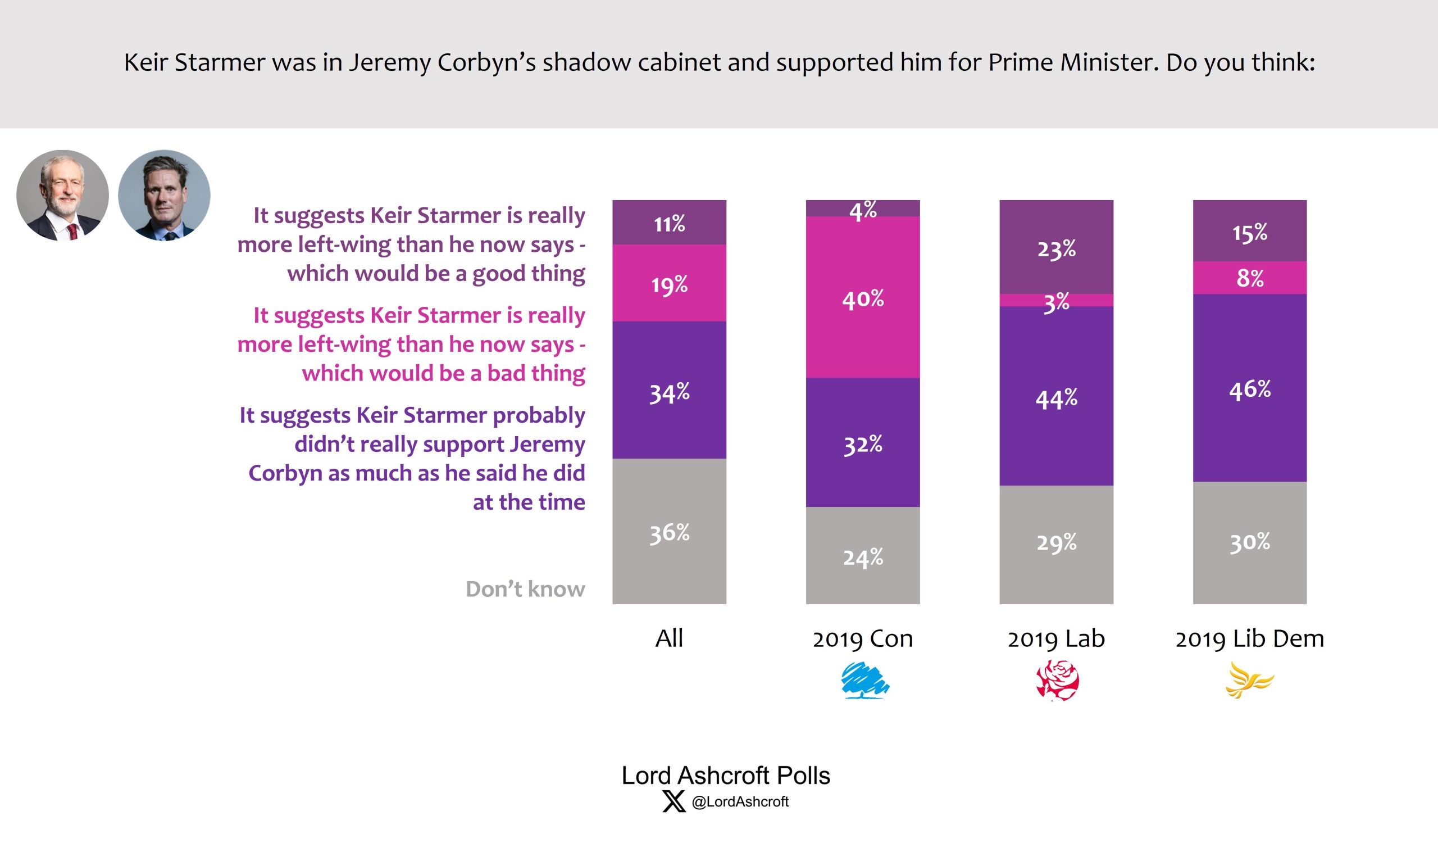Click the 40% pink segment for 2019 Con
[x=862, y=297]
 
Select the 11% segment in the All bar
[x=669, y=222]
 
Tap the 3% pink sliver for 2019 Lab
[x=1056, y=300]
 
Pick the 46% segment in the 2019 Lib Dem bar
[x=1249, y=388]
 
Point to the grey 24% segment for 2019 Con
[x=862, y=555]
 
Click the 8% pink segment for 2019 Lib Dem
[x=1249, y=278]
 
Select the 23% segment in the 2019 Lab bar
[x=1056, y=247]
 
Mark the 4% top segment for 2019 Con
[x=862, y=209]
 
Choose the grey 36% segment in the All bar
[x=669, y=531]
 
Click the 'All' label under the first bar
[x=669, y=638]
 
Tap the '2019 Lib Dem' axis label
[x=1249, y=638]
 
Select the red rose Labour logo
[x=1057, y=681]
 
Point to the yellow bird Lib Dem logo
[x=1249, y=681]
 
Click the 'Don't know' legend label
[x=525, y=589]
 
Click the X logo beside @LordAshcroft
[x=674, y=801]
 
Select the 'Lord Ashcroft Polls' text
[x=725, y=775]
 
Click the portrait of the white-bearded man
[x=62, y=195]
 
